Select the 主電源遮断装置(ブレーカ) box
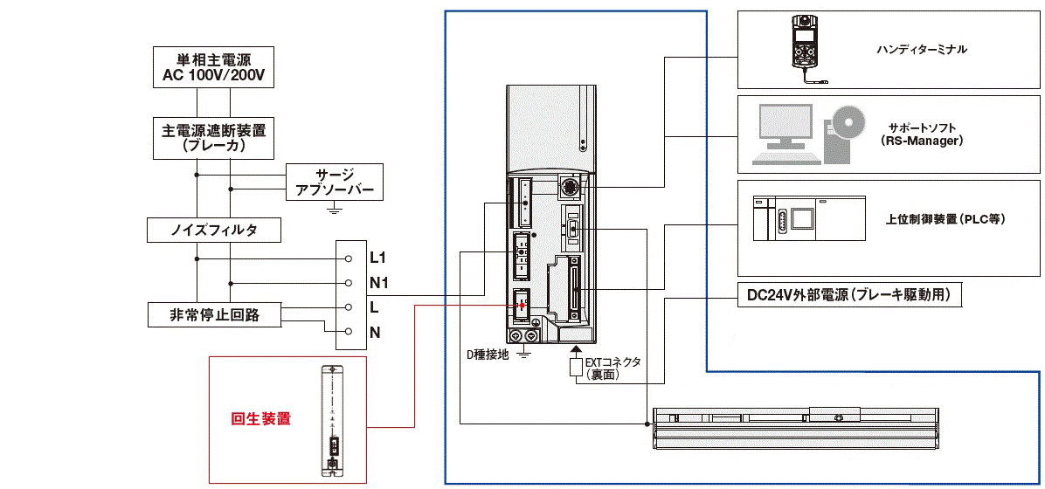[x=214, y=138]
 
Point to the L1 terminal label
[x=378, y=258]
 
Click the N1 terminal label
[x=379, y=283]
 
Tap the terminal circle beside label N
[x=347, y=332]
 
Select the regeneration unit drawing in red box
[x=333, y=420]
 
